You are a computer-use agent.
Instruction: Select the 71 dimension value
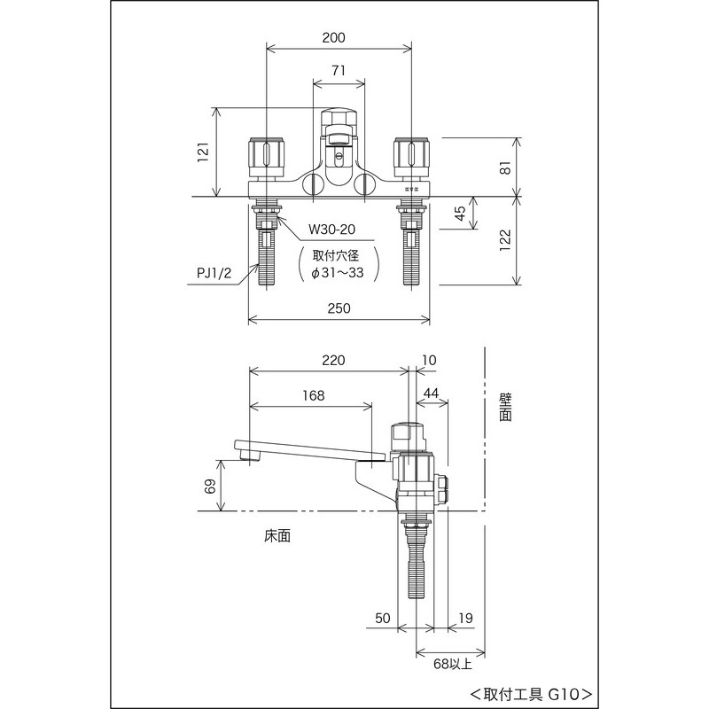point(339,70)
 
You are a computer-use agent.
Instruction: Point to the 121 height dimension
point(202,152)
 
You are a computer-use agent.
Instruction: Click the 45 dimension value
point(460,214)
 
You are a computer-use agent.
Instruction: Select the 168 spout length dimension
point(313,395)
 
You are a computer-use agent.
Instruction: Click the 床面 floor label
point(277,536)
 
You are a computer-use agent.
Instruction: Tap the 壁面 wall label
point(505,408)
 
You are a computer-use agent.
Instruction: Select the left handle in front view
point(267,156)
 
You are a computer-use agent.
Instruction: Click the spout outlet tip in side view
point(245,456)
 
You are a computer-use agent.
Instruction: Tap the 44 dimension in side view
point(432,393)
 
